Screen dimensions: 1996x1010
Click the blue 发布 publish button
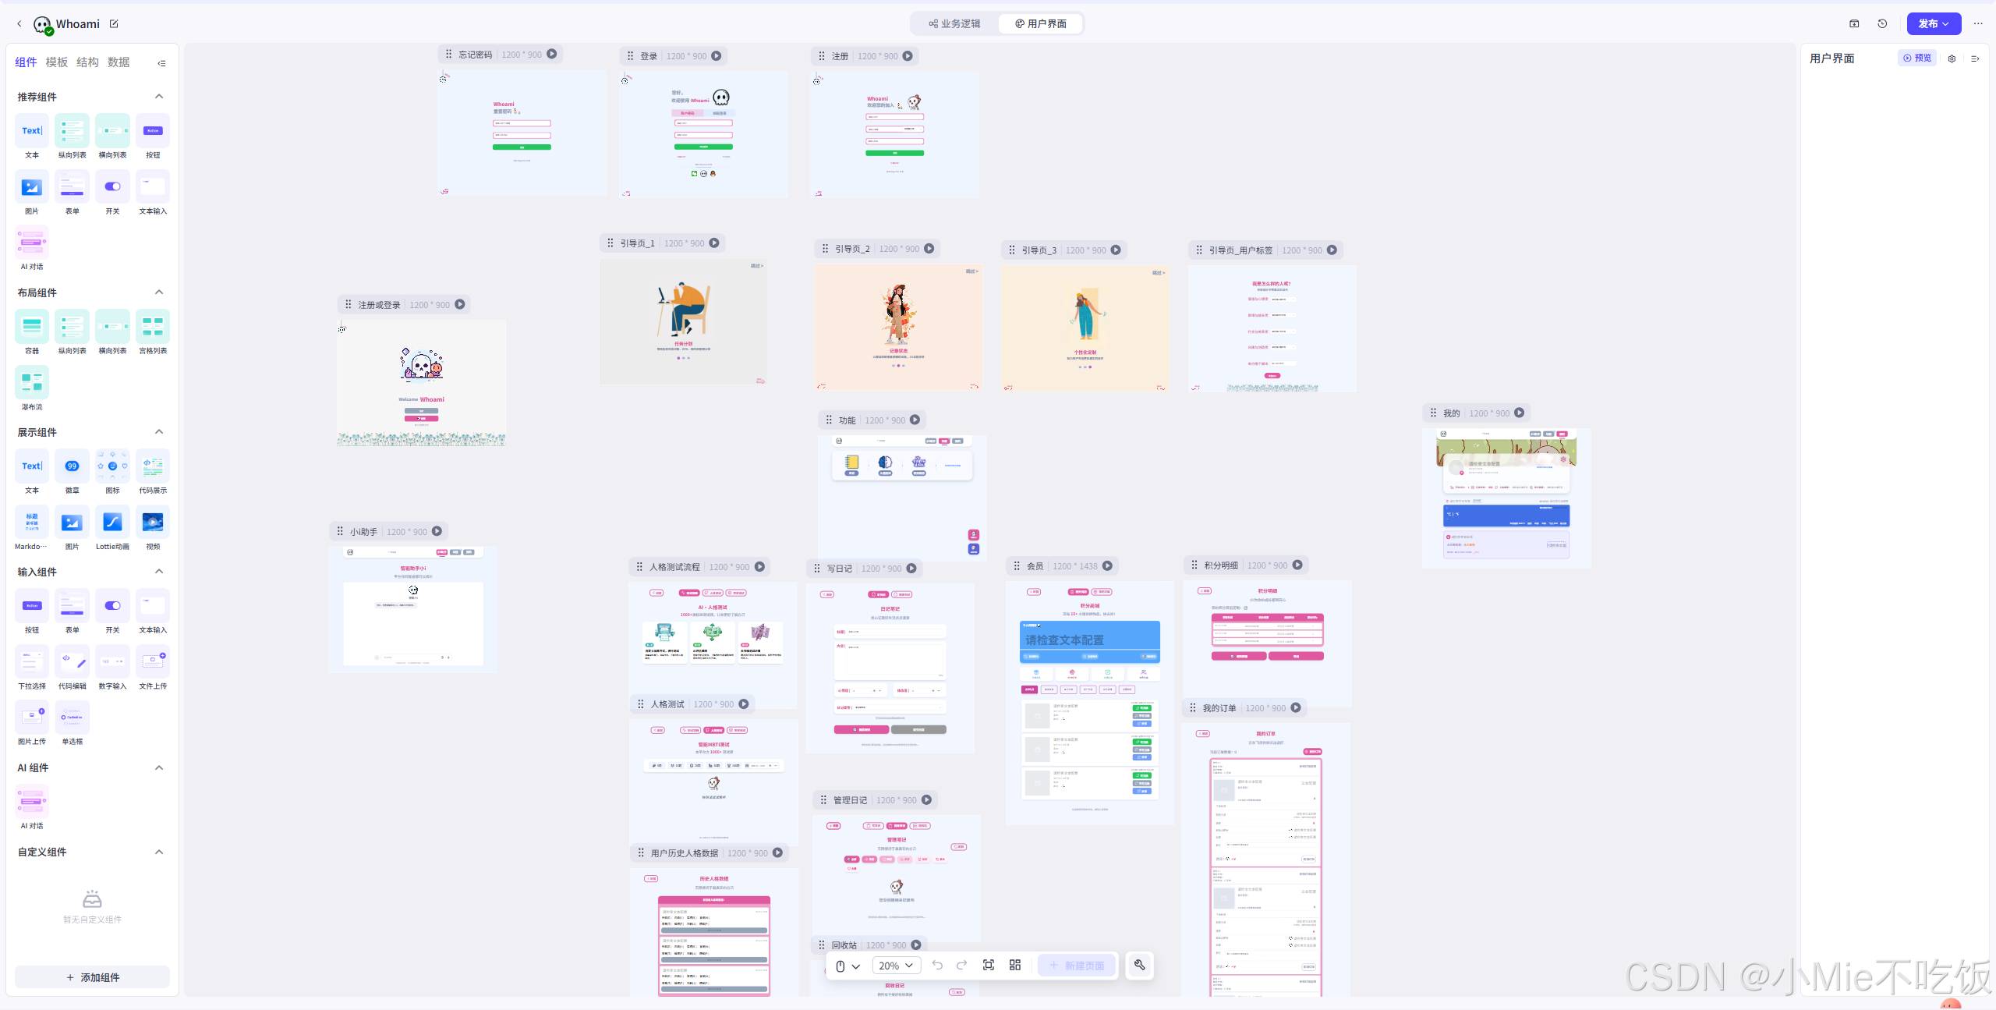[1933, 24]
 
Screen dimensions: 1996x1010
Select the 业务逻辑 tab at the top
[954, 24]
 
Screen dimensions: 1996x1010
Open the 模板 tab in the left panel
[57, 62]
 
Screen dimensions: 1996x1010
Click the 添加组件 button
[93, 977]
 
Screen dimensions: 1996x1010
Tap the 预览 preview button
[1917, 58]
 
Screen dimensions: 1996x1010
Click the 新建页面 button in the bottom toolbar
[1077, 966]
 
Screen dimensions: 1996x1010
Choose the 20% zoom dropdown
[895, 966]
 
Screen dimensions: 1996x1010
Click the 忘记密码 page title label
[475, 55]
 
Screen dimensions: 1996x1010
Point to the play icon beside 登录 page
[716, 56]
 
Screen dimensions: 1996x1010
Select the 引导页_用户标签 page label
[1240, 250]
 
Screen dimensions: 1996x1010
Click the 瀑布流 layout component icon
[32, 383]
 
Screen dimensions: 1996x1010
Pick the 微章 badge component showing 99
[72, 466]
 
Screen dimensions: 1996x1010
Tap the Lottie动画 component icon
[112, 523]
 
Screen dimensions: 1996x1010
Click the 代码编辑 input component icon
[72, 662]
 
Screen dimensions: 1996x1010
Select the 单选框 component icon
[72, 718]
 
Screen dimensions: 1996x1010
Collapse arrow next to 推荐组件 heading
[159, 97]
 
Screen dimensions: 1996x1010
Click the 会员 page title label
[1035, 566]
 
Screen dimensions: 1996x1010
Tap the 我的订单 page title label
[1219, 708]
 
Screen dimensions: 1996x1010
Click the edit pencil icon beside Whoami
[114, 24]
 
